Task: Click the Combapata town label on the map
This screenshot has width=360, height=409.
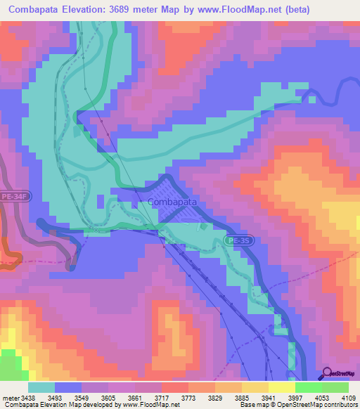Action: click(x=172, y=202)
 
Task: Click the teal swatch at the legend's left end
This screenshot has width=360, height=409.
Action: click(x=41, y=387)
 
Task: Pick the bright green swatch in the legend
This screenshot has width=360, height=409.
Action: click(x=309, y=387)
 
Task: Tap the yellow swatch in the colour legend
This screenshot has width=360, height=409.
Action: click(x=282, y=387)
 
